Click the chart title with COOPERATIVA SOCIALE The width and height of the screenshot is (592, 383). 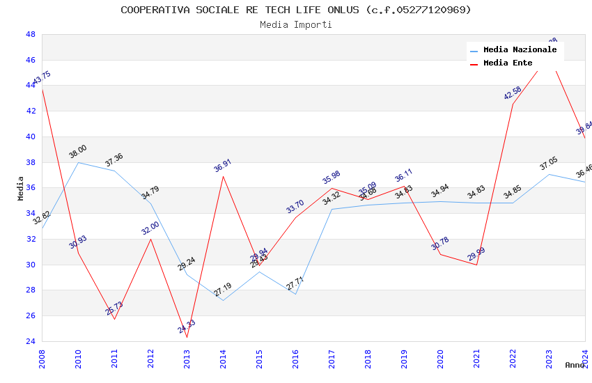click(x=296, y=10)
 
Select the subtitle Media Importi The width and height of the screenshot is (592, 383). click(x=296, y=24)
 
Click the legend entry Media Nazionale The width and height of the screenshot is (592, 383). click(x=520, y=50)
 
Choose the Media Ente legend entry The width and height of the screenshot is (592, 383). click(x=508, y=63)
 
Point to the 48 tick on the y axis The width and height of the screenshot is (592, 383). click(x=31, y=34)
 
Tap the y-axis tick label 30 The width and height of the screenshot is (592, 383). click(x=31, y=265)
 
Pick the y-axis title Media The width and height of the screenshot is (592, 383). click(x=21, y=188)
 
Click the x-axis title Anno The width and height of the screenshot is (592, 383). click(x=575, y=365)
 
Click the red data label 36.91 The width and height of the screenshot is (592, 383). click(x=223, y=166)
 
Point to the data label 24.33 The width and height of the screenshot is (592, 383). click(x=187, y=326)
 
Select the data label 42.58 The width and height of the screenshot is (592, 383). click(x=513, y=93)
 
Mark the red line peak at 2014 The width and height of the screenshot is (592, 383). click(x=223, y=175)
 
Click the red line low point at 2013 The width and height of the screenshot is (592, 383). click(x=187, y=338)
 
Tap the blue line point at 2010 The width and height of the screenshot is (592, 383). click(x=78, y=162)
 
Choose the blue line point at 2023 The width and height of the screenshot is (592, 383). click(x=549, y=174)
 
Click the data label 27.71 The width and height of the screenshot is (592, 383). click(x=295, y=283)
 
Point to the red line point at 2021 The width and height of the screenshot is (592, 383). click(x=476, y=265)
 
